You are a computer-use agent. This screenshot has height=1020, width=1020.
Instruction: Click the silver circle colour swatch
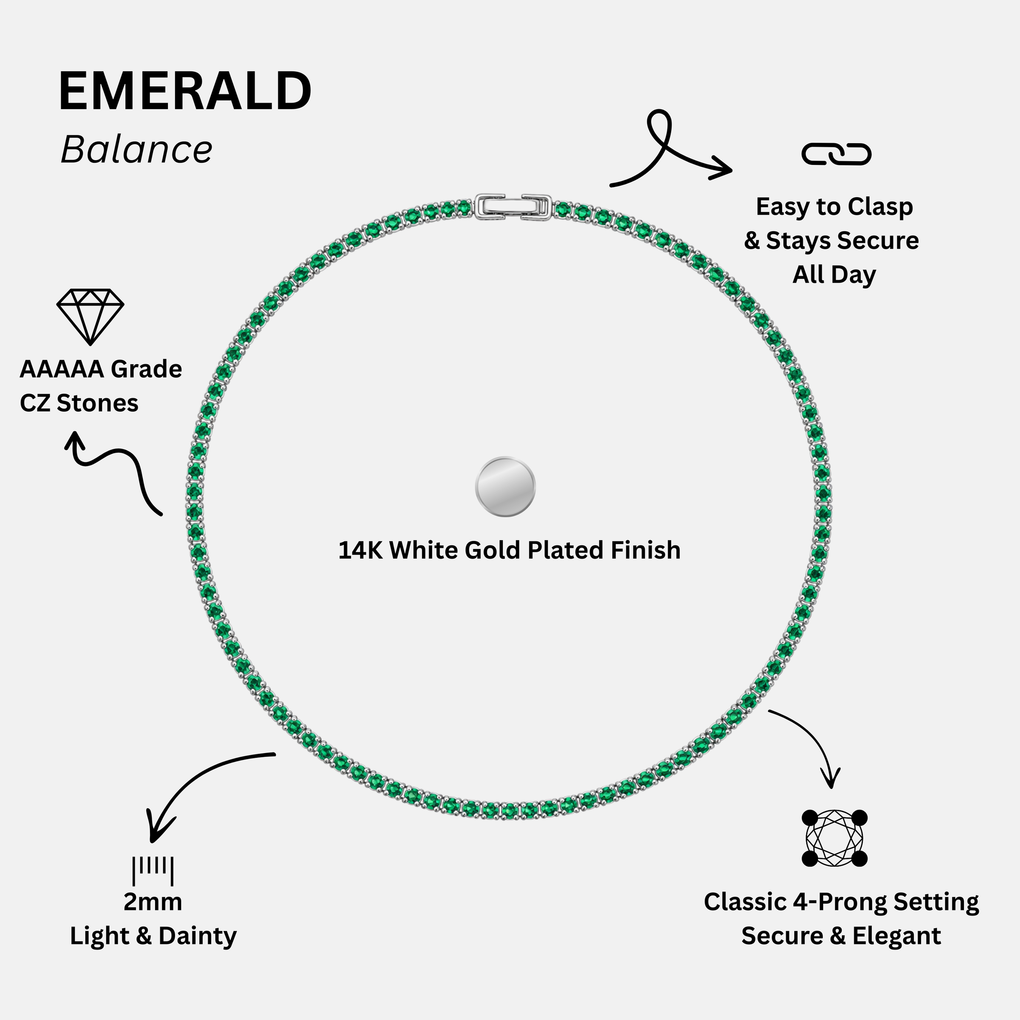[x=505, y=486]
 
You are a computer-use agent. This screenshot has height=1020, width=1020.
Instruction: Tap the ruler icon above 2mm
[x=153, y=870]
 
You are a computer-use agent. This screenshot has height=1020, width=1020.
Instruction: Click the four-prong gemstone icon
[x=834, y=838]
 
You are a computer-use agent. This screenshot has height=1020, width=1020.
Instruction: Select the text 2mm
[x=153, y=902]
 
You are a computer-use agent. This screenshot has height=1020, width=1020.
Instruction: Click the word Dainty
[x=198, y=937]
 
